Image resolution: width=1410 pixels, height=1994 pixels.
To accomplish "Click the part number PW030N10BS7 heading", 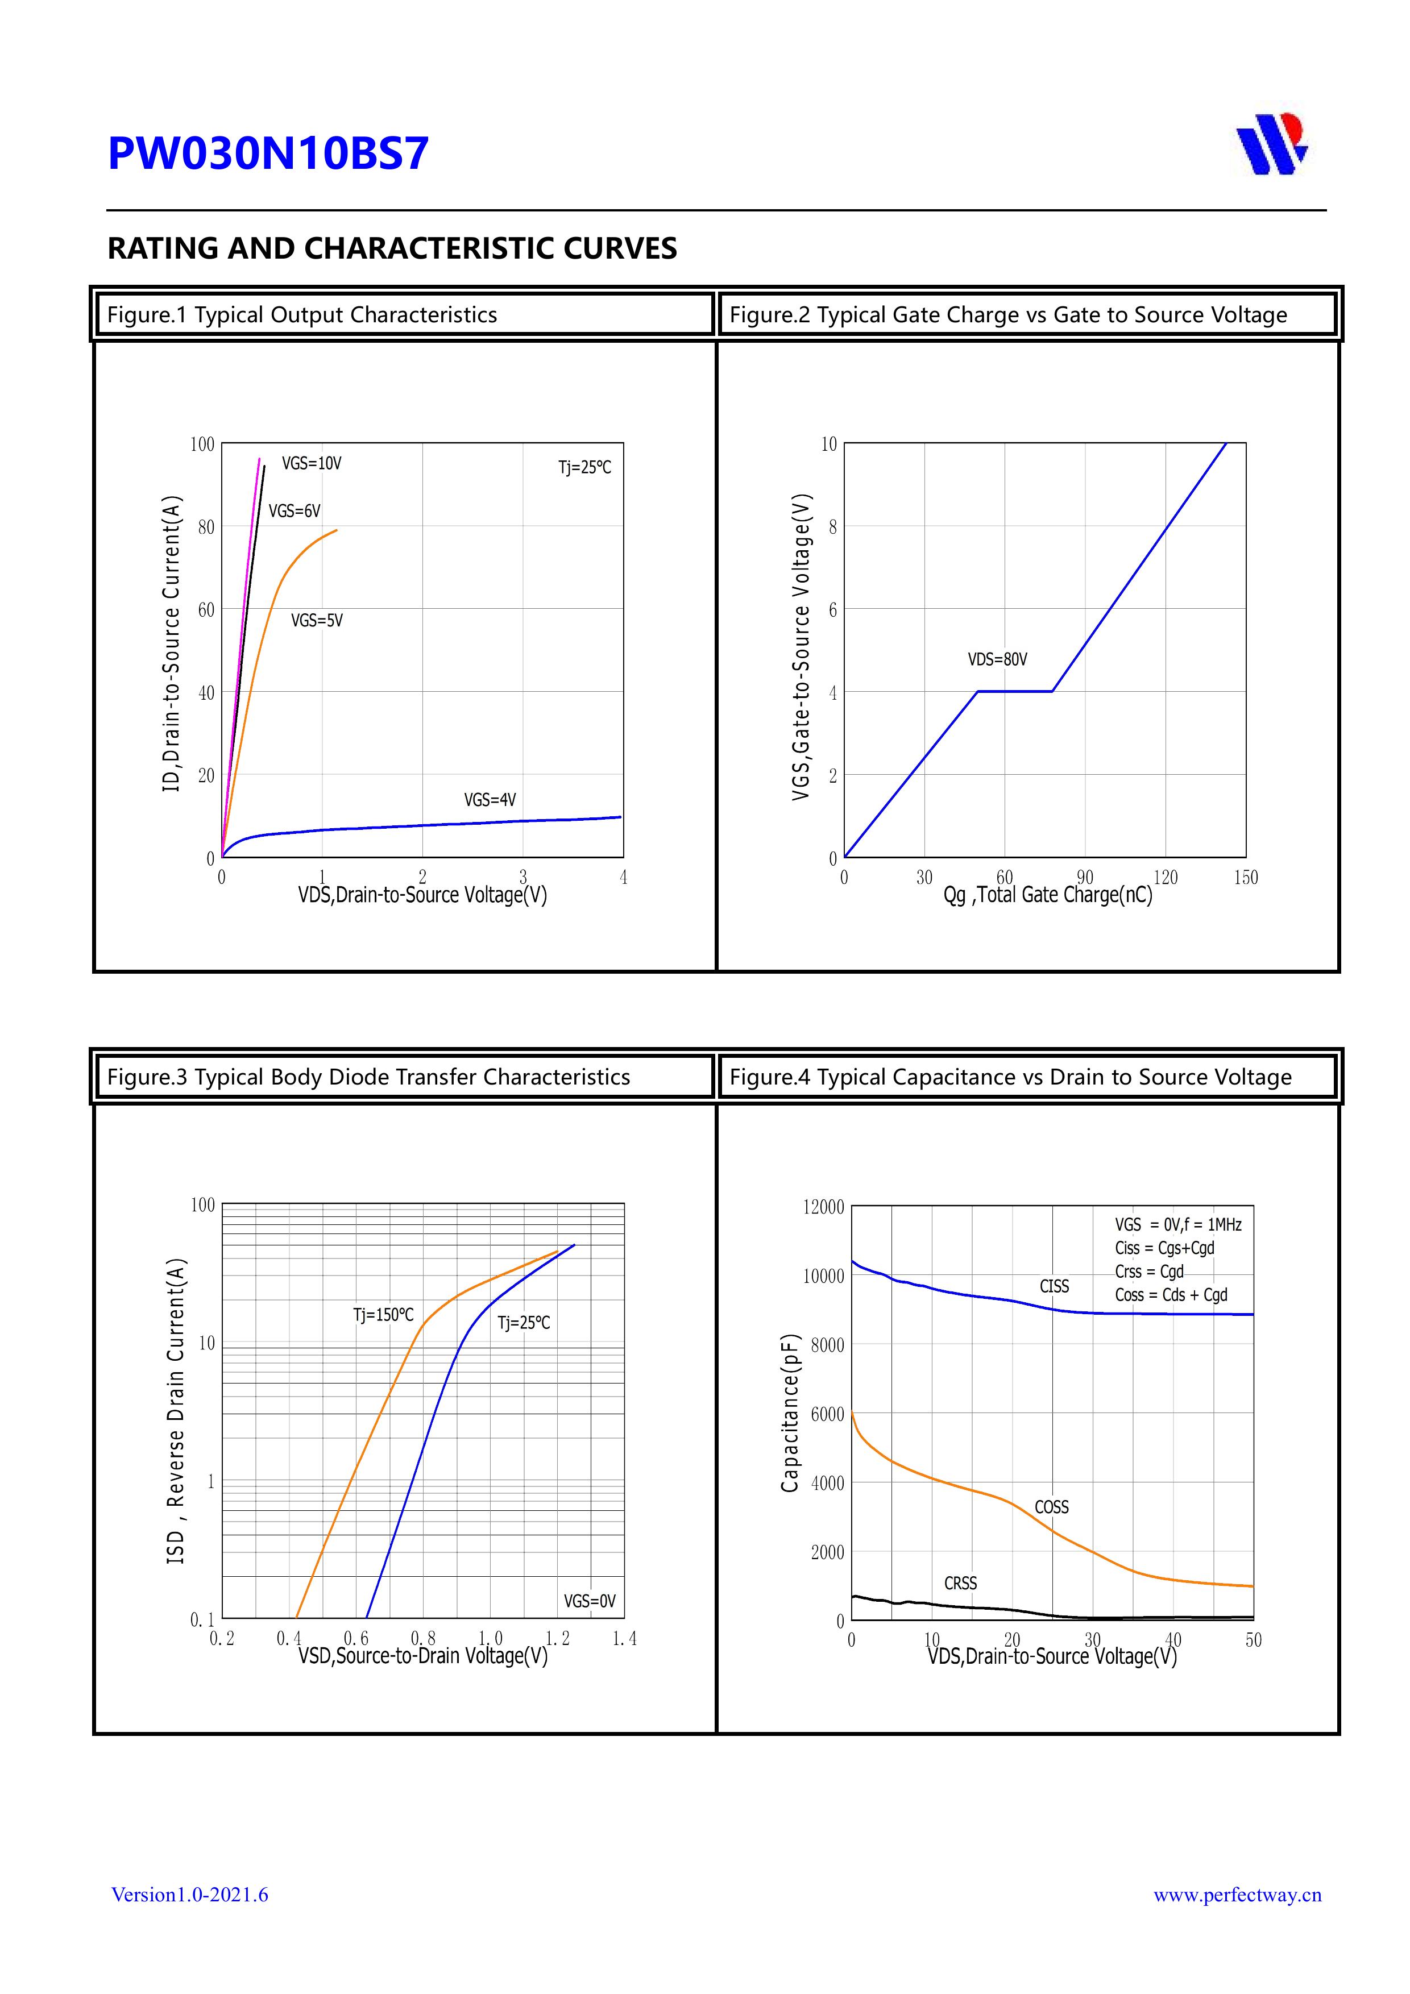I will click(268, 153).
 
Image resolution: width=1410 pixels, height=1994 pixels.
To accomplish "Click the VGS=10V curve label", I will click(311, 464).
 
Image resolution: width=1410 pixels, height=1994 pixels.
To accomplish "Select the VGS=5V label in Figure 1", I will click(316, 620).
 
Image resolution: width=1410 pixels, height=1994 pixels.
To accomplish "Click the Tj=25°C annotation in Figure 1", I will click(584, 467).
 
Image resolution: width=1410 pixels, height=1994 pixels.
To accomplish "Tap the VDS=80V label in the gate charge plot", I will click(997, 659).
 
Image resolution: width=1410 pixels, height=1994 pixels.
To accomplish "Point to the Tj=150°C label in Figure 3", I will click(383, 1315).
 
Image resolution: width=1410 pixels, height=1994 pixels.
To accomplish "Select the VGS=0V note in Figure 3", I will click(589, 1601).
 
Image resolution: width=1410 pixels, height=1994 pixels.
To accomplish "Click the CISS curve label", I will click(1054, 1286).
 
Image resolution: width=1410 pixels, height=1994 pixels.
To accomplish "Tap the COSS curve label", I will click(1051, 1507).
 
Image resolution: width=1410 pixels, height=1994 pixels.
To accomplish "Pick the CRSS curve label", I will click(960, 1583).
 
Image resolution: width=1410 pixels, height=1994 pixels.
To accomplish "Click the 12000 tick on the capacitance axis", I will click(823, 1207).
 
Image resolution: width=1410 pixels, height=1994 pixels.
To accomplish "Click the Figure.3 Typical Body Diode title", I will click(368, 1077).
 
